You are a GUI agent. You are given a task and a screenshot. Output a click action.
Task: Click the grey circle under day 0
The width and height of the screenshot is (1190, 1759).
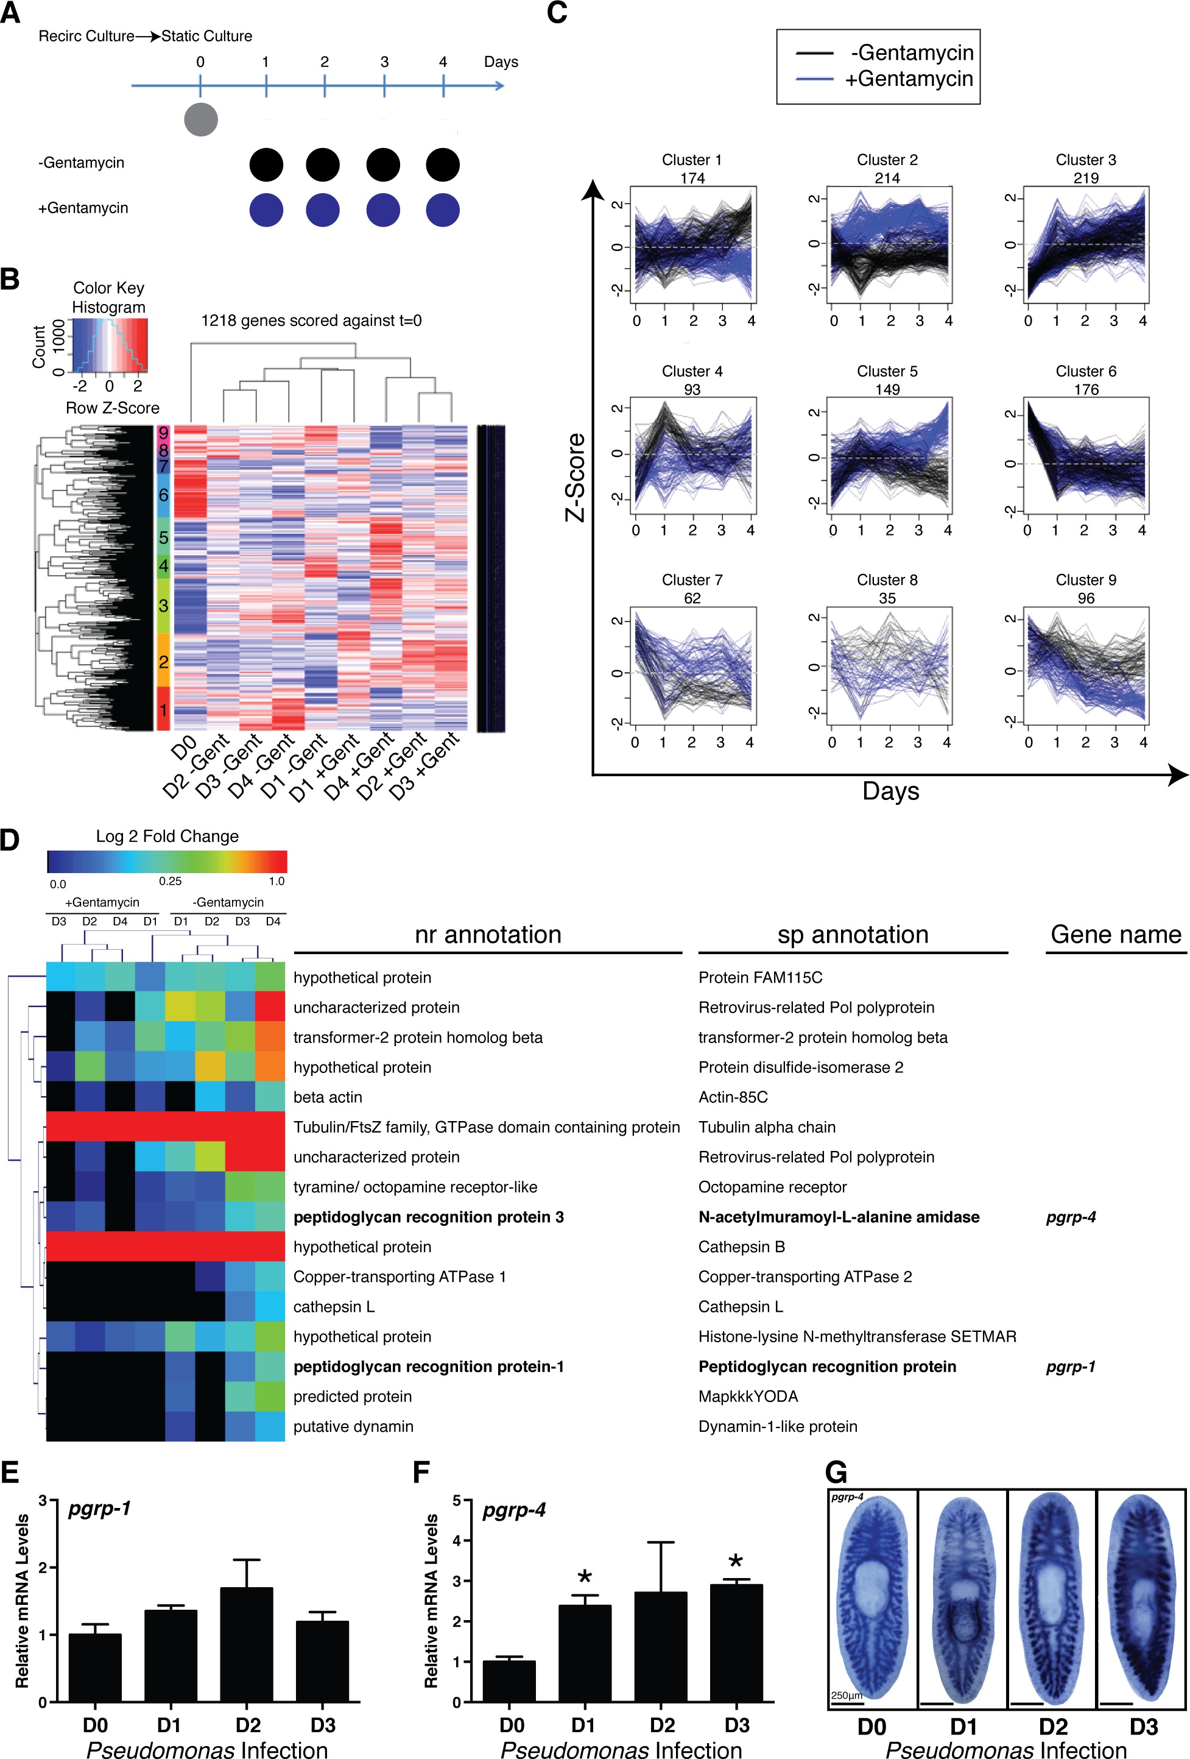pyautogui.click(x=200, y=119)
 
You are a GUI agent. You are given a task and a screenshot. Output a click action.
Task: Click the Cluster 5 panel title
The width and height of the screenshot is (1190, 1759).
pyautogui.click(x=887, y=372)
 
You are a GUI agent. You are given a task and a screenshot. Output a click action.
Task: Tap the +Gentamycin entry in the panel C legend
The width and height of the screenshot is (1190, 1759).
pyautogui.click(x=909, y=79)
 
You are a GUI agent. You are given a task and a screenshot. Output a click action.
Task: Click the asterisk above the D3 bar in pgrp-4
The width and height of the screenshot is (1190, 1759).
pyautogui.click(x=735, y=1562)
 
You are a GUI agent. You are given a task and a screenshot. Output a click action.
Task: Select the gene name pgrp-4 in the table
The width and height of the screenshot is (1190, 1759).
pyautogui.click(x=1071, y=1218)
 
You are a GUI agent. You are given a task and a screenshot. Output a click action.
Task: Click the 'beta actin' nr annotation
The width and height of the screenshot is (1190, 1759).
pyautogui.click(x=328, y=1097)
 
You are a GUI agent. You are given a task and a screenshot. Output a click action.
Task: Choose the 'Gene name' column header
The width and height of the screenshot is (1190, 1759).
pyautogui.click(x=1116, y=935)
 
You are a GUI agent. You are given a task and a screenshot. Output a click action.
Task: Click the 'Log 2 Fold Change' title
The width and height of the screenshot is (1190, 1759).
pyautogui.click(x=167, y=837)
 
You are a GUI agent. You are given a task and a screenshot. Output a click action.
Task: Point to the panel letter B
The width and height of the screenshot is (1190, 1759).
pyautogui.click(x=10, y=279)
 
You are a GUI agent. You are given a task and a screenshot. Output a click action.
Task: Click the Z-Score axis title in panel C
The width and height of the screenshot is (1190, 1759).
pyautogui.click(x=575, y=477)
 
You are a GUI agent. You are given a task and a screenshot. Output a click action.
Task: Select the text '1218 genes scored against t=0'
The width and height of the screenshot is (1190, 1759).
pyautogui.click(x=311, y=321)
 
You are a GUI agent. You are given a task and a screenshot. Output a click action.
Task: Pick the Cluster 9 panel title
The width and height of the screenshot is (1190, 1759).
pyautogui.click(x=1086, y=581)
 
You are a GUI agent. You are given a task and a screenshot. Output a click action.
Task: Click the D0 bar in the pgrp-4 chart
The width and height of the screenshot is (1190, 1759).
pyautogui.click(x=509, y=1681)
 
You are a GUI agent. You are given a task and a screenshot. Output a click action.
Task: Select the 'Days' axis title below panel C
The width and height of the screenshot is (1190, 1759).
pyautogui.click(x=890, y=791)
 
